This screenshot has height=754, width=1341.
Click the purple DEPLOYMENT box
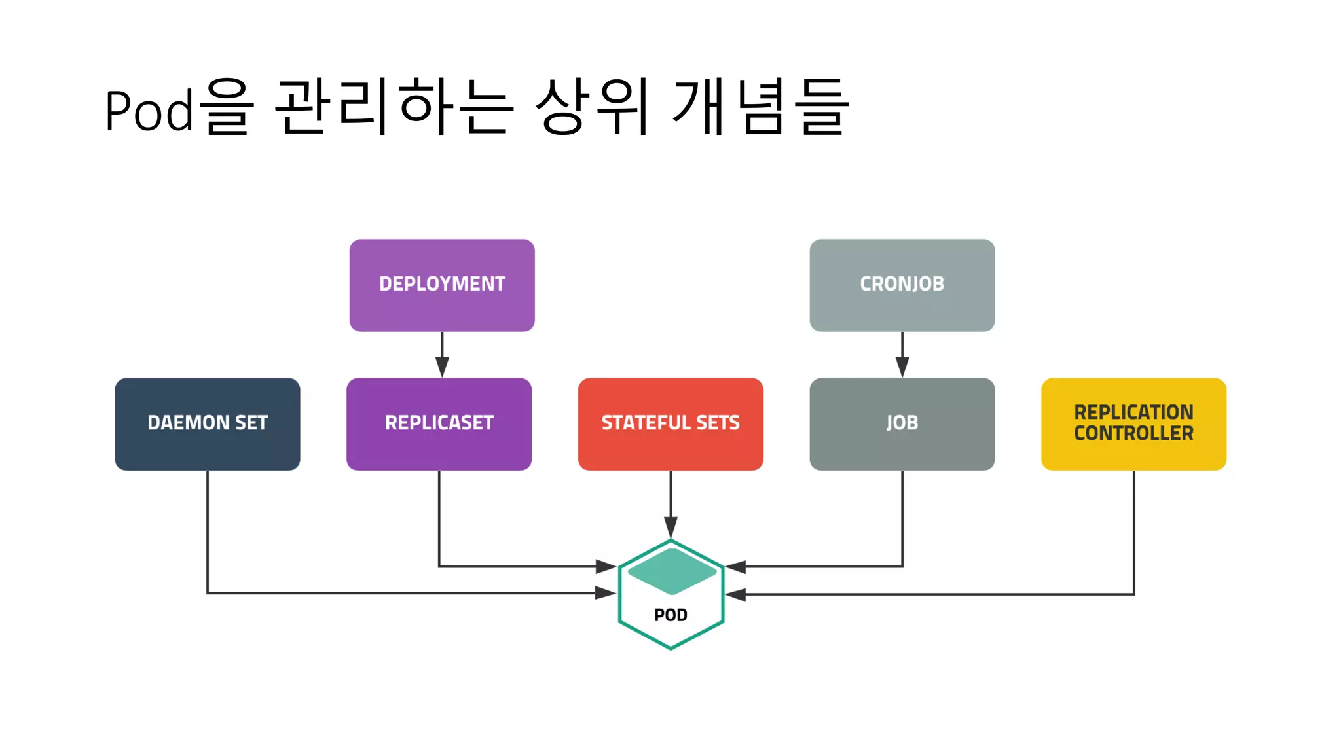442,285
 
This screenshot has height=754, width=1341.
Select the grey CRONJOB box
902,285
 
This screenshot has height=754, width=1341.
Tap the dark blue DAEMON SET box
208,423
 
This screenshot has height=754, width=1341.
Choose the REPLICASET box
439,423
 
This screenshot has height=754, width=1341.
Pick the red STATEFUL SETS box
670,423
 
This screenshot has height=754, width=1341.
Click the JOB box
902,423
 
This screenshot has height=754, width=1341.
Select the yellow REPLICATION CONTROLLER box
1133,423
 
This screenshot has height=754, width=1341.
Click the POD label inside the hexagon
670,615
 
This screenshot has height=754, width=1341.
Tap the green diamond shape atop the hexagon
672,571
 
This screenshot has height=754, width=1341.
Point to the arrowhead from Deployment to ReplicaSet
442,367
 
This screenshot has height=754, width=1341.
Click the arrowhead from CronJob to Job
902,367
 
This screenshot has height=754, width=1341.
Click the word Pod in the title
149,110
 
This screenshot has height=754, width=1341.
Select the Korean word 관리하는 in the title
393,106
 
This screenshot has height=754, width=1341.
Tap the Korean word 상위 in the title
593,106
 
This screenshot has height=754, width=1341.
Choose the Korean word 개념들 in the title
760,106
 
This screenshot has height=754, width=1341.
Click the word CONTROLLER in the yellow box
1133,433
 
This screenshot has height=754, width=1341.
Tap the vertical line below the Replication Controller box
1134,530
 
